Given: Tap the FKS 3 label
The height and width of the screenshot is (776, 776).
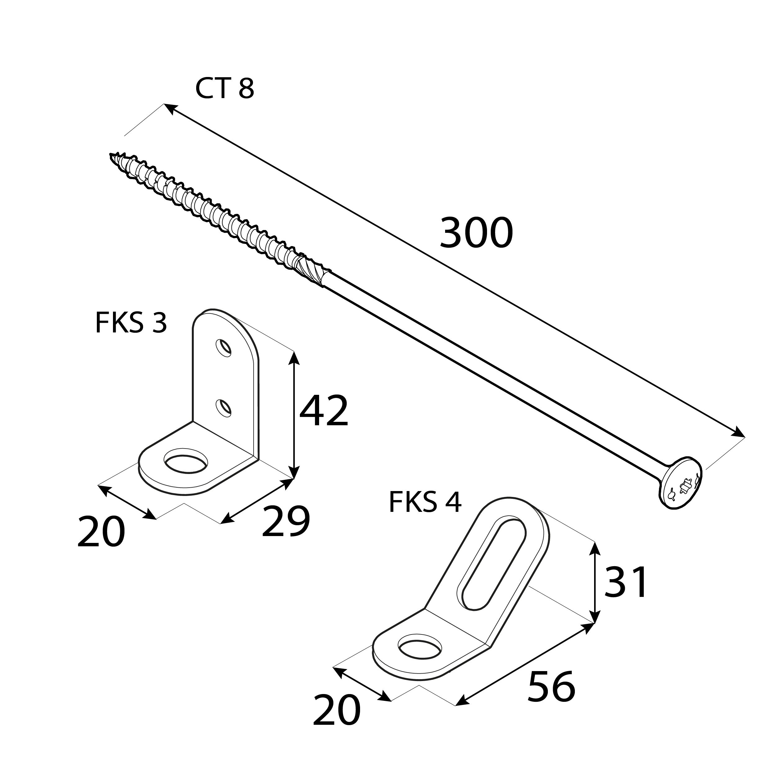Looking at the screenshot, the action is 131,323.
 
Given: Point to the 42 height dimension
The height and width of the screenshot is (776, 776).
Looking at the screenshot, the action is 324,411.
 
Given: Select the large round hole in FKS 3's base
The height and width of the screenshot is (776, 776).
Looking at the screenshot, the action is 186,466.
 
